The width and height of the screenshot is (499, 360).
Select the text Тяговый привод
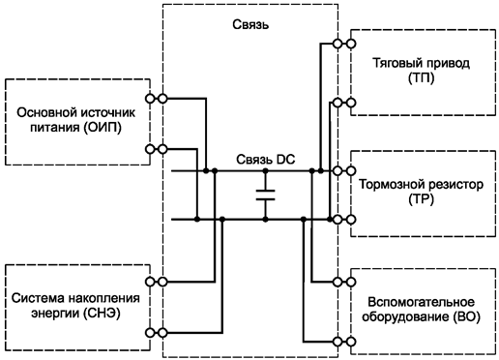point(422,64)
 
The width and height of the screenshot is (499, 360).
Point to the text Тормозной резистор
point(422,184)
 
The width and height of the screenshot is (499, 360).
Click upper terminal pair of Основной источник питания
point(156,99)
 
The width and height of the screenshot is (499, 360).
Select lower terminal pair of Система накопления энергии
point(156,332)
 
